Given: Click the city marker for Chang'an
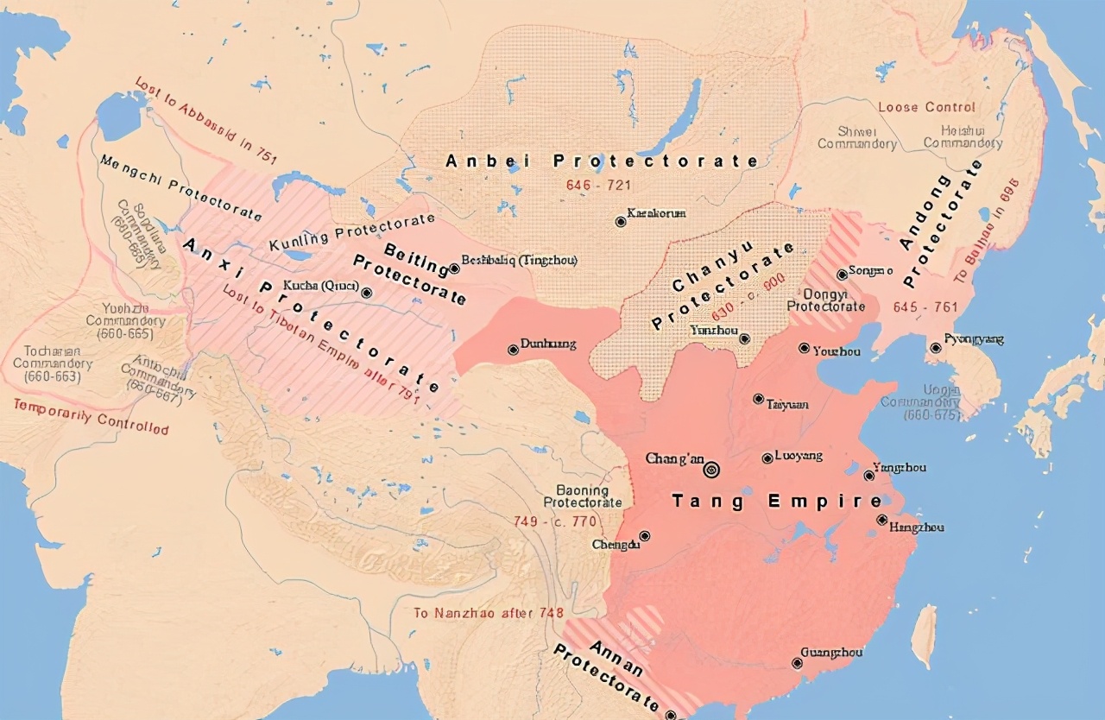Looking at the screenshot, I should [x=712, y=470].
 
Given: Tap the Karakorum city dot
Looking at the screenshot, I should [x=620, y=222].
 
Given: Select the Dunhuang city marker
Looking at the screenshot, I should [x=513, y=350].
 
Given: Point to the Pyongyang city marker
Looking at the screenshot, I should [x=936, y=348].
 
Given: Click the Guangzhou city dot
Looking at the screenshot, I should [x=797, y=663].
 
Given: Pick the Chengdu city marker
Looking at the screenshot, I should [x=644, y=536].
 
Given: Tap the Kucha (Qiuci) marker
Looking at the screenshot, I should [x=368, y=293].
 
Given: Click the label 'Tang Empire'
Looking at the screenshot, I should [x=777, y=502].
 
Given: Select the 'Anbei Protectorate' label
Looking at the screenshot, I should [x=602, y=161].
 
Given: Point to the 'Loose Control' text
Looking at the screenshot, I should [x=926, y=107].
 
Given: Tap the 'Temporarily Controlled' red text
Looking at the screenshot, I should [x=91, y=416].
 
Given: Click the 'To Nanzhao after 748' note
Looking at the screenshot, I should [x=488, y=613].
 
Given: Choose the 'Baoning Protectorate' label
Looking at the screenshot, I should [x=583, y=496].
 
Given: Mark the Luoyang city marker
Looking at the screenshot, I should [x=767, y=458].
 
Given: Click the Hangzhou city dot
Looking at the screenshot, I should [x=881, y=520].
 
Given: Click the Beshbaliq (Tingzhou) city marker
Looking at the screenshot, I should [x=454, y=268].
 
